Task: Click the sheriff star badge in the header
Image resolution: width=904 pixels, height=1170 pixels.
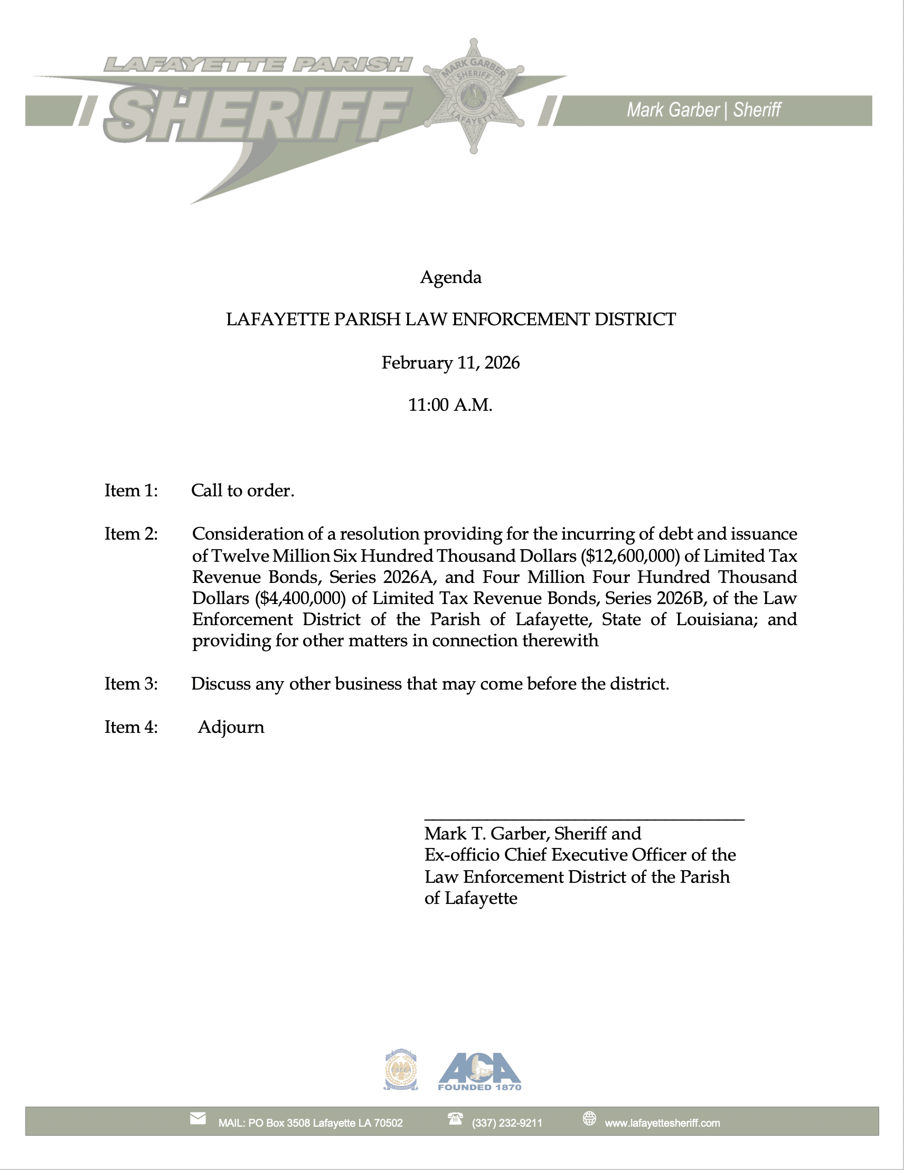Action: (473, 97)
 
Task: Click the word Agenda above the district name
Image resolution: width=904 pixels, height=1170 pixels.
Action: (450, 278)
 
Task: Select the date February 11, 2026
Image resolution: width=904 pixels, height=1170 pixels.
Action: (450, 363)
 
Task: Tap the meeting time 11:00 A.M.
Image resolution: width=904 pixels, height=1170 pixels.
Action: (450, 405)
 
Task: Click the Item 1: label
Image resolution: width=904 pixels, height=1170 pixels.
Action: (131, 490)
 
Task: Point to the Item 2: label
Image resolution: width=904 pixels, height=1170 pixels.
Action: (131, 534)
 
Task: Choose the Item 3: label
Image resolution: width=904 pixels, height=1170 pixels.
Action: (131, 684)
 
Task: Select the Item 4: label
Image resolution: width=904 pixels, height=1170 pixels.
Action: (131, 728)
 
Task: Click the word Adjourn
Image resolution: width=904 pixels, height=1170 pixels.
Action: (231, 728)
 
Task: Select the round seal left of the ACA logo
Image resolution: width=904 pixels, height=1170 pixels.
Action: (401, 1070)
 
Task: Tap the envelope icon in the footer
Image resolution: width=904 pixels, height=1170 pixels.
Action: (197, 1119)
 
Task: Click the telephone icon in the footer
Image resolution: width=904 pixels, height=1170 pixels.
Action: (455, 1119)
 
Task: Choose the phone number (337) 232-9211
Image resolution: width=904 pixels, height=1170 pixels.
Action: (507, 1123)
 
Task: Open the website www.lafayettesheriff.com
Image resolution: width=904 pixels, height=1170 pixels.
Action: (662, 1123)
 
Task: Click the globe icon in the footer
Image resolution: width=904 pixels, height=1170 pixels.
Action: (589, 1119)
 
